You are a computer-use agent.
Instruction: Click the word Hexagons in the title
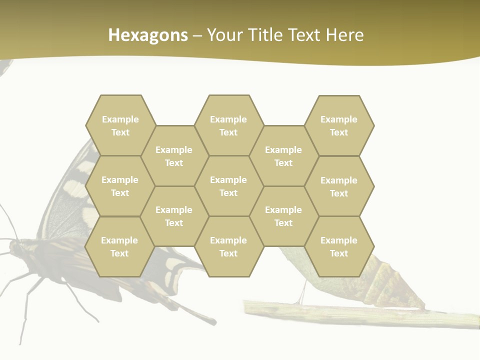tap(148, 35)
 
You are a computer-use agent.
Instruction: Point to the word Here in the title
tap(344, 35)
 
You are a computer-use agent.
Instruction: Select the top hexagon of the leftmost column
tap(120, 125)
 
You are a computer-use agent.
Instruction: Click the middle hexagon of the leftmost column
tap(120, 186)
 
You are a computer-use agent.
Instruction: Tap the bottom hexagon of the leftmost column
tap(119, 246)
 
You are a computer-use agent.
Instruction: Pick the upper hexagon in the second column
tap(174, 156)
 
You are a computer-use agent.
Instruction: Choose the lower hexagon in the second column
tap(174, 216)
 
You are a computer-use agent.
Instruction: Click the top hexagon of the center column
tap(228, 125)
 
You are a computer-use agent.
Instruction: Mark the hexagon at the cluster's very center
tap(228, 186)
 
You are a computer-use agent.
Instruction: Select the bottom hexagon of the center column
tap(228, 246)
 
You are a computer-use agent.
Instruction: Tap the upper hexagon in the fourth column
tap(283, 156)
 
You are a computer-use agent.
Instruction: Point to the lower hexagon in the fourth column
tap(283, 216)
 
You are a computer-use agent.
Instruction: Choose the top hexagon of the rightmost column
tap(339, 125)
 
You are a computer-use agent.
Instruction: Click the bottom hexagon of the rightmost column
tap(339, 246)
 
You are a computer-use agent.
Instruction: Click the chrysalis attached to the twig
tap(395, 280)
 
